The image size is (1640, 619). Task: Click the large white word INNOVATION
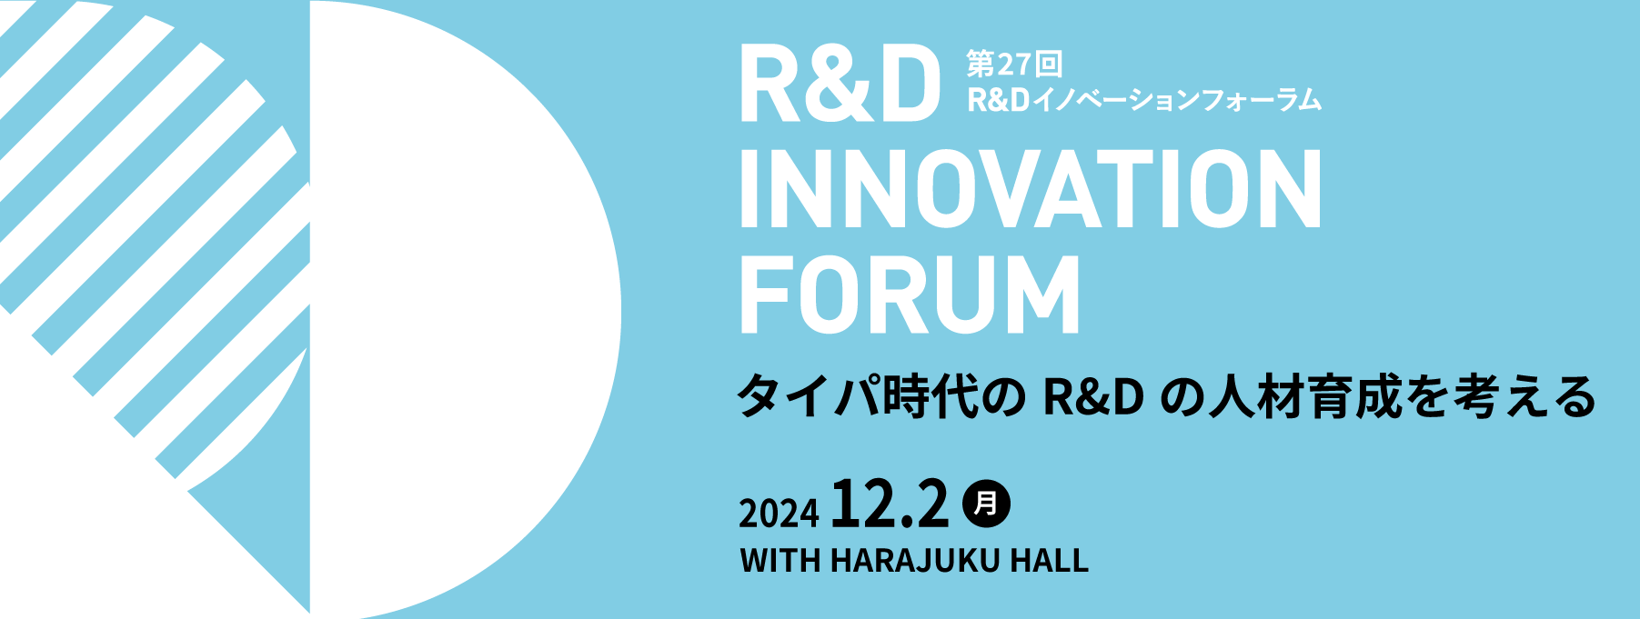pyautogui.click(x=1031, y=189)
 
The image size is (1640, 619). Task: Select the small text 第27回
pyautogui.click(x=1014, y=65)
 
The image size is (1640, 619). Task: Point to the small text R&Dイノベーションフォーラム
pyautogui.click(x=1144, y=99)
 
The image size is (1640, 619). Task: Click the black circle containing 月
pyautogui.click(x=985, y=503)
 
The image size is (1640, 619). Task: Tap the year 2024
pyautogui.click(x=779, y=514)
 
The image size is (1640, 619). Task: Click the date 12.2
pyautogui.click(x=890, y=504)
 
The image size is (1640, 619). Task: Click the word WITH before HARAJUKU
pyautogui.click(x=780, y=560)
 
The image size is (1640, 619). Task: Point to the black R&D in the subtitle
pyautogui.click(x=1093, y=397)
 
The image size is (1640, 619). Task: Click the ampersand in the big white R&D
pyautogui.click(x=840, y=83)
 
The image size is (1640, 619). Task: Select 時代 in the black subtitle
pyautogui.click(x=928, y=397)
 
